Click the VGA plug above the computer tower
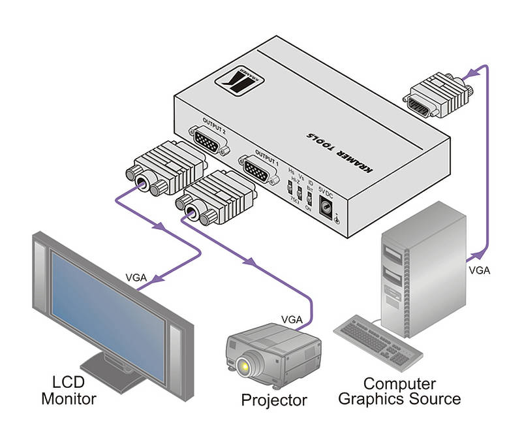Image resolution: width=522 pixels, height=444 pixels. click(x=434, y=96)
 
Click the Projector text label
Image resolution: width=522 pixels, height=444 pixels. click(x=273, y=399)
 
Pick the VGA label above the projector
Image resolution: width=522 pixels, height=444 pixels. click(x=291, y=319)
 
